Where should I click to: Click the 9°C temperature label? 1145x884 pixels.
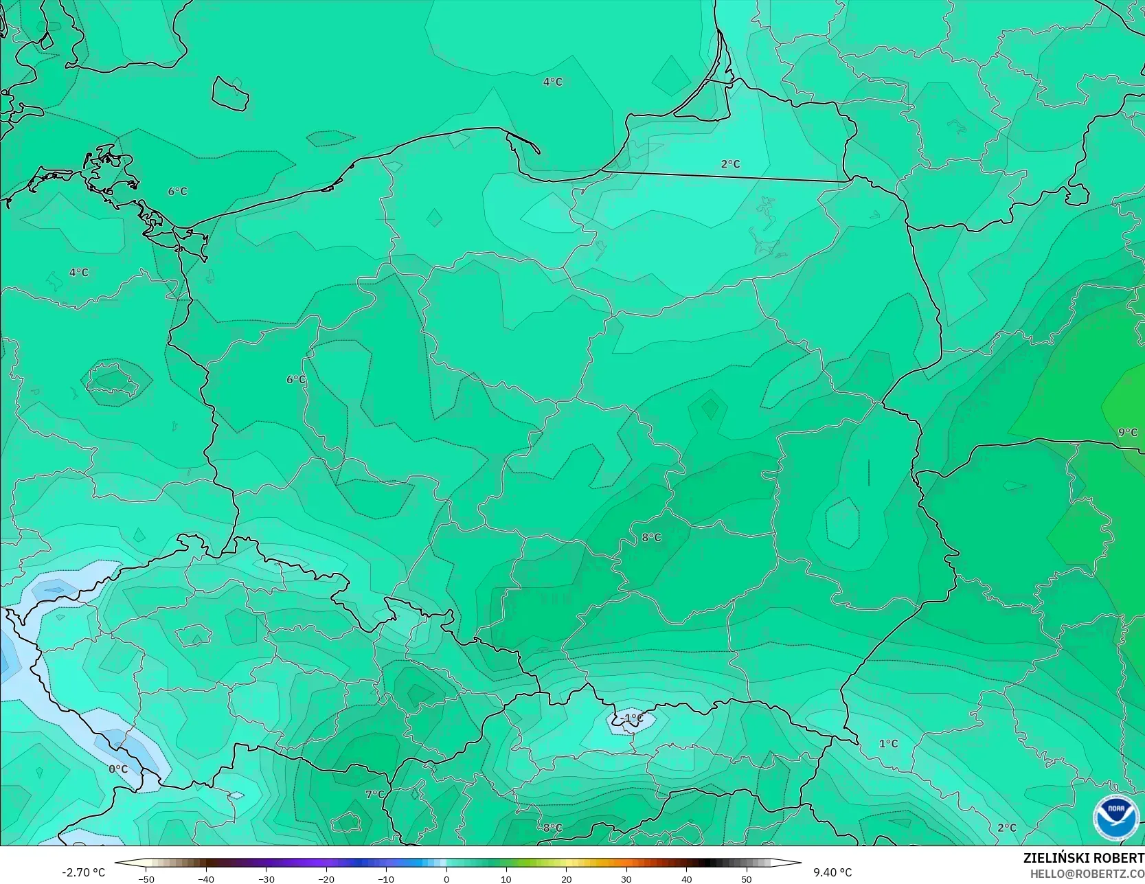[x=1127, y=432]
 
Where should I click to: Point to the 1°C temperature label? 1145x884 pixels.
[x=888, y=743]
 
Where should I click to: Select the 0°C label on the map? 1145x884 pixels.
[x=118, y=769]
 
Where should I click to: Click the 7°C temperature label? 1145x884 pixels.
[x=374, y=794]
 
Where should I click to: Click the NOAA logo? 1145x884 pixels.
[x=1116, y=817]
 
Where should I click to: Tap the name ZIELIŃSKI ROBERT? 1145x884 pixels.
[x=1083, y=859]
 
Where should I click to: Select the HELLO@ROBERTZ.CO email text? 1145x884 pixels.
[x=1087, y=873]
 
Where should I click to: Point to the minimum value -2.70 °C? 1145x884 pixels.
[x=83, y=872]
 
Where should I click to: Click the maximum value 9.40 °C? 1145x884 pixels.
[x=832, y=872]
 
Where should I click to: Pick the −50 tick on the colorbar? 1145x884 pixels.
[x=146, y=879]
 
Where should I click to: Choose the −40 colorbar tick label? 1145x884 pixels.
[x=205, y=879]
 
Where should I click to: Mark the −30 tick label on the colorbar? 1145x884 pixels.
[x=266, y=879]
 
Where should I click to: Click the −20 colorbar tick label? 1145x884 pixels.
[x=326, y=879]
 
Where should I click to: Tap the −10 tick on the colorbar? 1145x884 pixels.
[x=386, y=879]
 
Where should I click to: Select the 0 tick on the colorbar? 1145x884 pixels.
[x=446, y=879]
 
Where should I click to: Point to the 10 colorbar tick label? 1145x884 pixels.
[x=506, y=879]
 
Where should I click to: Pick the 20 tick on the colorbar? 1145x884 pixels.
[x=566, y=879]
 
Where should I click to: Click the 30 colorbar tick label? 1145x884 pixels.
[x=626, y=879]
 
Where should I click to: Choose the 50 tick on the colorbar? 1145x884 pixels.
[x=747, y=879]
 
